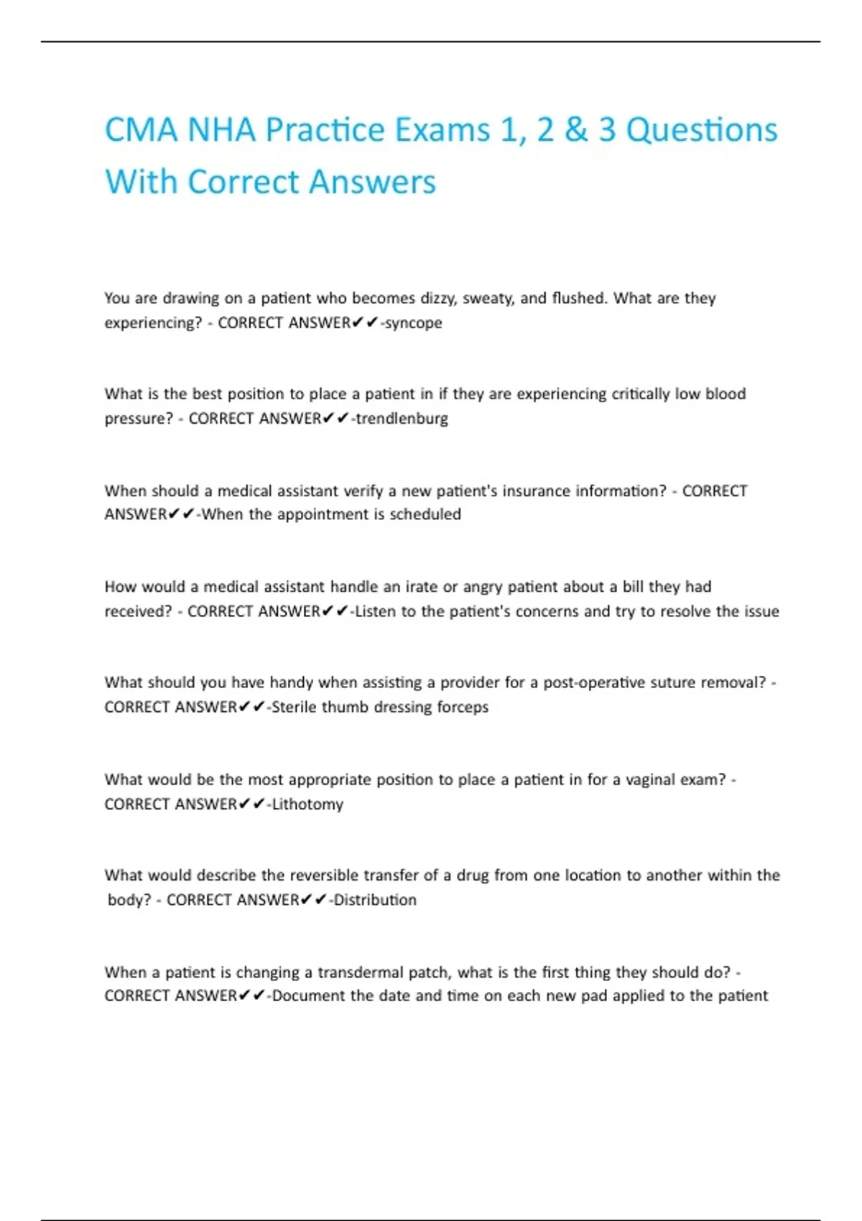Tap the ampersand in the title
click(x=576, y=131)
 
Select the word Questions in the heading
click(x=701, y=131)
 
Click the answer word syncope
click(x=414, y=323)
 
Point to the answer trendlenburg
click(x=402, y=419)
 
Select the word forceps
click(x=463, y=707)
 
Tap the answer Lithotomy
click(x=307, y=804)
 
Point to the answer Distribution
click(x=375, y=900)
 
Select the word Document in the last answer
click(x=308, y=996)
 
